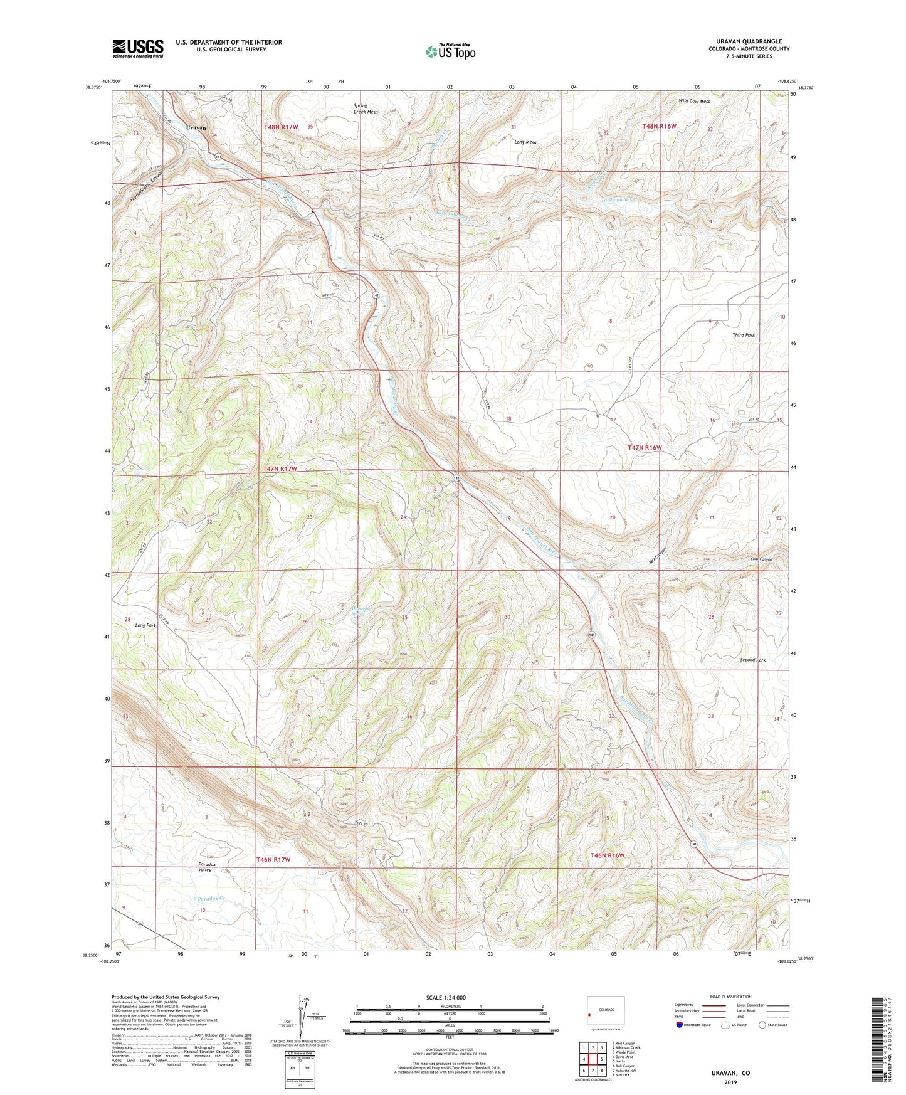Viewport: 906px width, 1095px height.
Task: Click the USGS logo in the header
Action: (x=138, y=48)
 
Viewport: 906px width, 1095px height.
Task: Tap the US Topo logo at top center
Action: (x=450, y=51)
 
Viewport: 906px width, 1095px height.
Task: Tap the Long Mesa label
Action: (x=525, y=142)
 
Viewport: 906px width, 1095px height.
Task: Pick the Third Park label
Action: (x=743, y=335)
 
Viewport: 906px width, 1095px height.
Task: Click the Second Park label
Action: (x=752, y=660)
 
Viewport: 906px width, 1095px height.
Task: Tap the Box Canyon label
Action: (x=657, y=556)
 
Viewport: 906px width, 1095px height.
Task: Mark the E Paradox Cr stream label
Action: (x=209, y=898)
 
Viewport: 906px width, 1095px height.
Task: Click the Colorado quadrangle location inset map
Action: (x=606, y=1012)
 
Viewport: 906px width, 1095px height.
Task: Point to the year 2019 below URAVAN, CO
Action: (x=730, y=1082)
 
